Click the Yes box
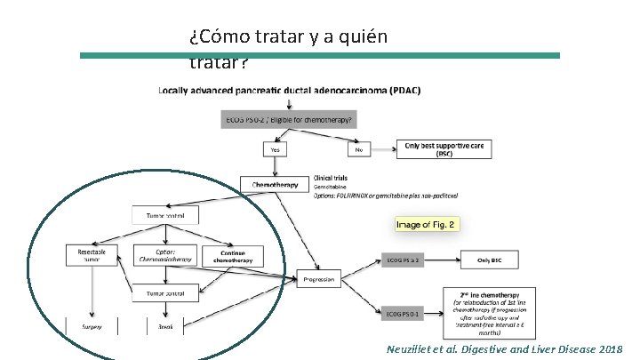click(275, 150)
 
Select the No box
click(359, 150)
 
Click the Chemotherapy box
click(275, 185)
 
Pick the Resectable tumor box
click(91, 256)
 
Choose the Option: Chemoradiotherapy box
click(165, 256)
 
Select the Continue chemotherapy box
click(228, 256)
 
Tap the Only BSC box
click(492, 260)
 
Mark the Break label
click(165, 327)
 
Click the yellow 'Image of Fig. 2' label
click(428, 224)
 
